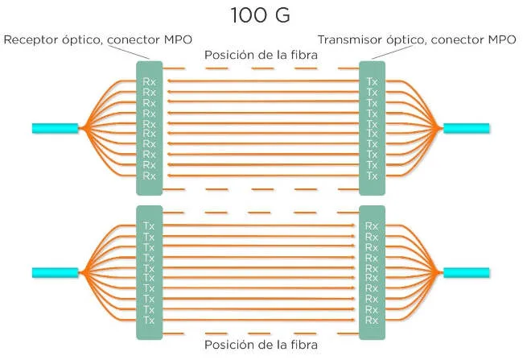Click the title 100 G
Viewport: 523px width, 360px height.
pyautogui.click(x=261, y=14)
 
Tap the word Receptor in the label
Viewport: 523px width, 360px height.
pyautogui.click(x=30, y=39)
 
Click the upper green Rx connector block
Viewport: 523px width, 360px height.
pyautogui.click(x=150, y=127)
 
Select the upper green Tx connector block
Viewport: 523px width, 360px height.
pyautogui.click(x=372, y=127)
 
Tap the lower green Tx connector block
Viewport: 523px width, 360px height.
pyautogui.click(x=150, y=271)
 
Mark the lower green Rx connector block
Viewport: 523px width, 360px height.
pyautogui.click(x=372, y=271)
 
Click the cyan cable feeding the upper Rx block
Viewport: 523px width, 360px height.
pyautogui.click(x=55, y=127)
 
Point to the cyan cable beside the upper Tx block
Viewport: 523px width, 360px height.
pyautogui.click(x=467, y=127)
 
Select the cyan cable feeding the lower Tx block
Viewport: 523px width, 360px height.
pyautogui.click(x=55, y=271)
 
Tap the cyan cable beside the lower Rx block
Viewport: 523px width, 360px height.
pyautogui.click(x=467, y=271)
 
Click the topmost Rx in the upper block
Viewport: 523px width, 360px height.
pyautogui.click(x=150, y=81)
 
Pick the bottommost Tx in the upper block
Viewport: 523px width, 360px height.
pyautogui.click(x=372, y=176)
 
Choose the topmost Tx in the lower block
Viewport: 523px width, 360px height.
pyautogui.click(x=150, y=226)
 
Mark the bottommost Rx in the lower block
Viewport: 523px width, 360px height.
pyautogui.click(x=372, y=320)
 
